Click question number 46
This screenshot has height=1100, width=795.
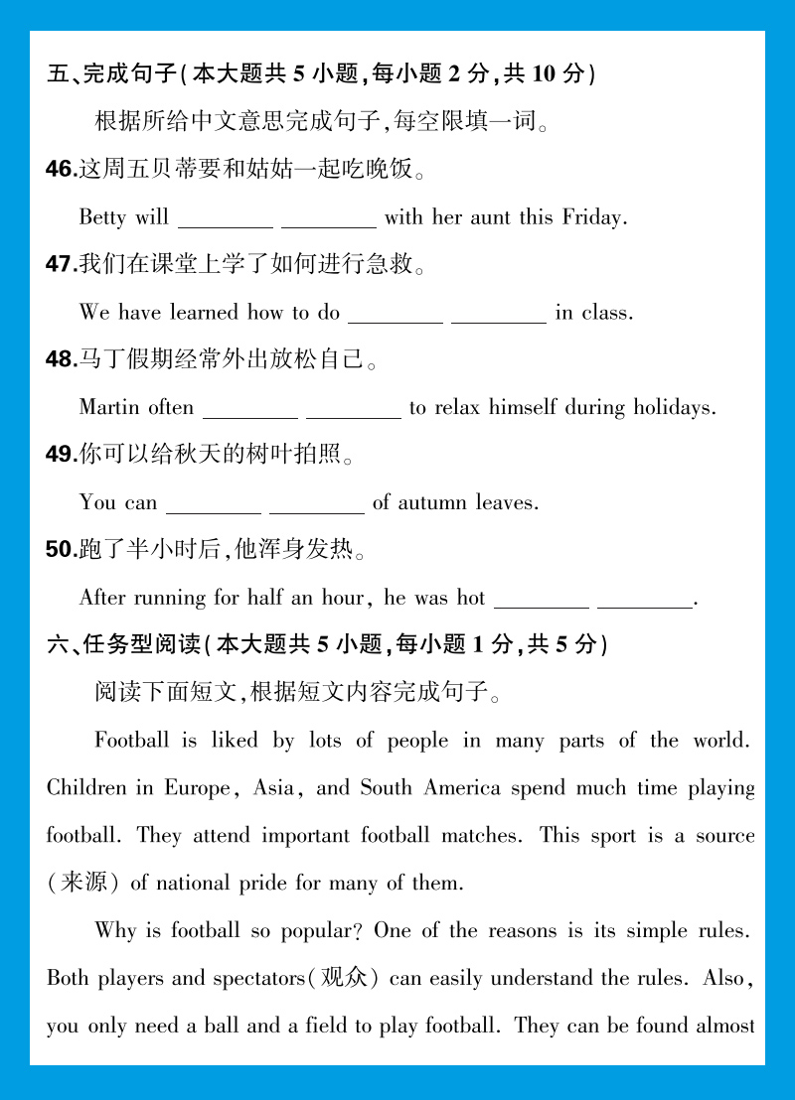click(61, 170)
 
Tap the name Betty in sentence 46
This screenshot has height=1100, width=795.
click(102, 217)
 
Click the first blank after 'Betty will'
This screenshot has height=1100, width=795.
click(226, 220)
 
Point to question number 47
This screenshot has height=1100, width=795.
click(61, 264)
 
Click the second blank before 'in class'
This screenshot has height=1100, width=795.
click(499, 316)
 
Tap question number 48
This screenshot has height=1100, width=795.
click(61, 359)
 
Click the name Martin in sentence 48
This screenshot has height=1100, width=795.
click(109, 408)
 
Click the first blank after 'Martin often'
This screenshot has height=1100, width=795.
click(250, 411)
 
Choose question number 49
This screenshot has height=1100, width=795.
click(61, 455)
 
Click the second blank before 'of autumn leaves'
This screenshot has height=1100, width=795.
click(317, 506)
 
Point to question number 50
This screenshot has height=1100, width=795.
click(61, 549)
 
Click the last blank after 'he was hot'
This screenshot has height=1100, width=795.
click(644, 602)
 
